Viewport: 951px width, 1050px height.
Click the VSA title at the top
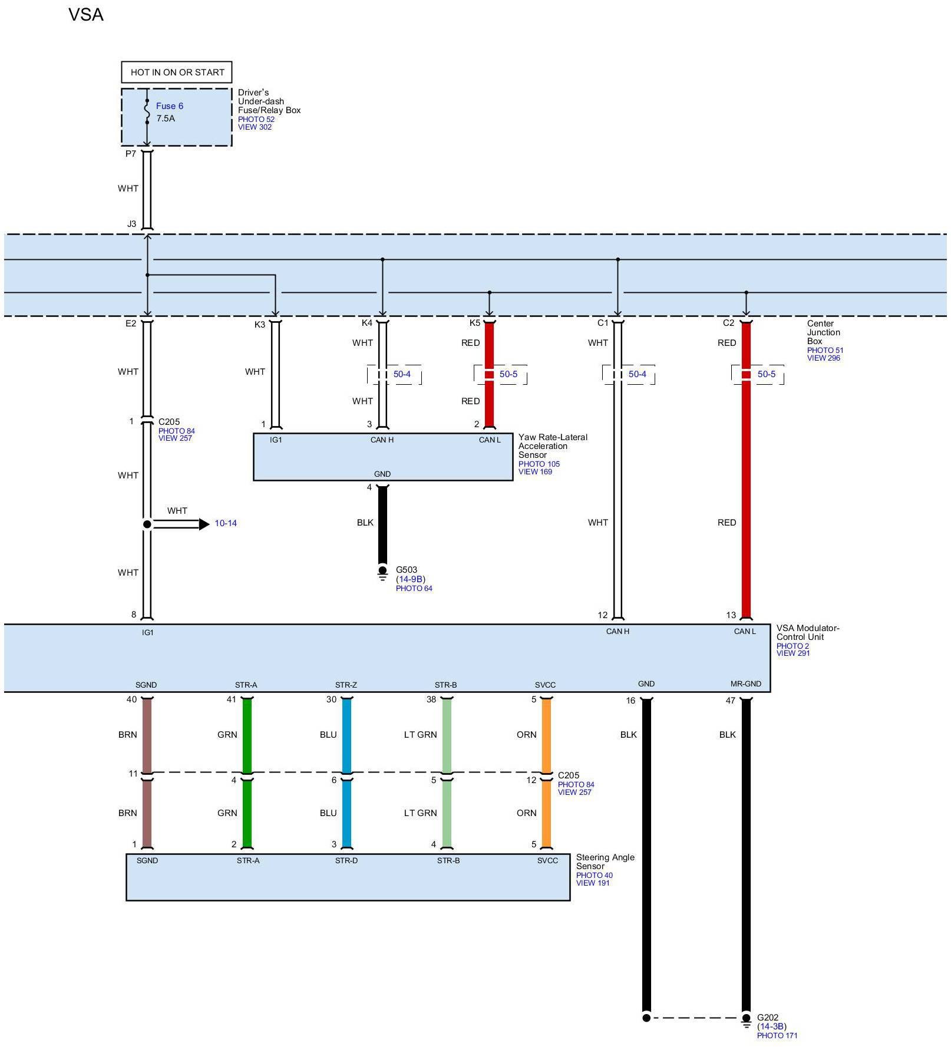86,15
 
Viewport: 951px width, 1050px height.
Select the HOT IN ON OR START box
177,72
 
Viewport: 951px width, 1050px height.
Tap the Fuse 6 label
169,106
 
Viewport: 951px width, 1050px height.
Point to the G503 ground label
406,570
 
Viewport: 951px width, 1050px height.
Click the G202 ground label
767,1018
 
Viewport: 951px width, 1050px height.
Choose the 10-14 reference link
226,523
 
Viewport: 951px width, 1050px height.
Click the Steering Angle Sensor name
605,861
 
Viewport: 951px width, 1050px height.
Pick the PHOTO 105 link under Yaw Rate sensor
539,464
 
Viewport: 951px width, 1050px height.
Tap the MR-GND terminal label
745,684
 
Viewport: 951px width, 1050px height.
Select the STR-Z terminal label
346,685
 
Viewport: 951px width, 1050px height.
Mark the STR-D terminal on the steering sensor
346,861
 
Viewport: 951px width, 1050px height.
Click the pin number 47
730,701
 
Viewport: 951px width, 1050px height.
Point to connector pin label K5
474,323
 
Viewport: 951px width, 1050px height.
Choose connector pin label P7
131,154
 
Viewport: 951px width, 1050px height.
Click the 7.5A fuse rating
166,118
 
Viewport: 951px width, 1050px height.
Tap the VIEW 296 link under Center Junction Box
823,358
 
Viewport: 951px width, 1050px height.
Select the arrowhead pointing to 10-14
204,524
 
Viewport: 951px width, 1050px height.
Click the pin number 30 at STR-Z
331,699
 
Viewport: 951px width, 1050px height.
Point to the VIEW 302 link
255,127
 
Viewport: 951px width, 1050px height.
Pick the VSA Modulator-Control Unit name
807,632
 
